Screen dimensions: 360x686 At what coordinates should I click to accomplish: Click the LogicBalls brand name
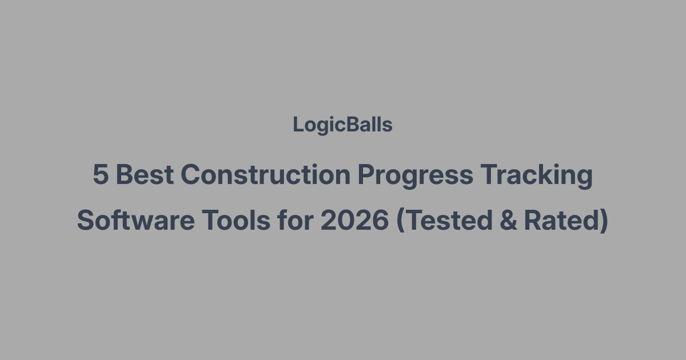[342, 125]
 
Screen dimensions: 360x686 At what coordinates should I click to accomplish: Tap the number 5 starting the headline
[100, 175]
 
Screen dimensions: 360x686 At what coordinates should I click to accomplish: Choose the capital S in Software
[86, 221]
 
